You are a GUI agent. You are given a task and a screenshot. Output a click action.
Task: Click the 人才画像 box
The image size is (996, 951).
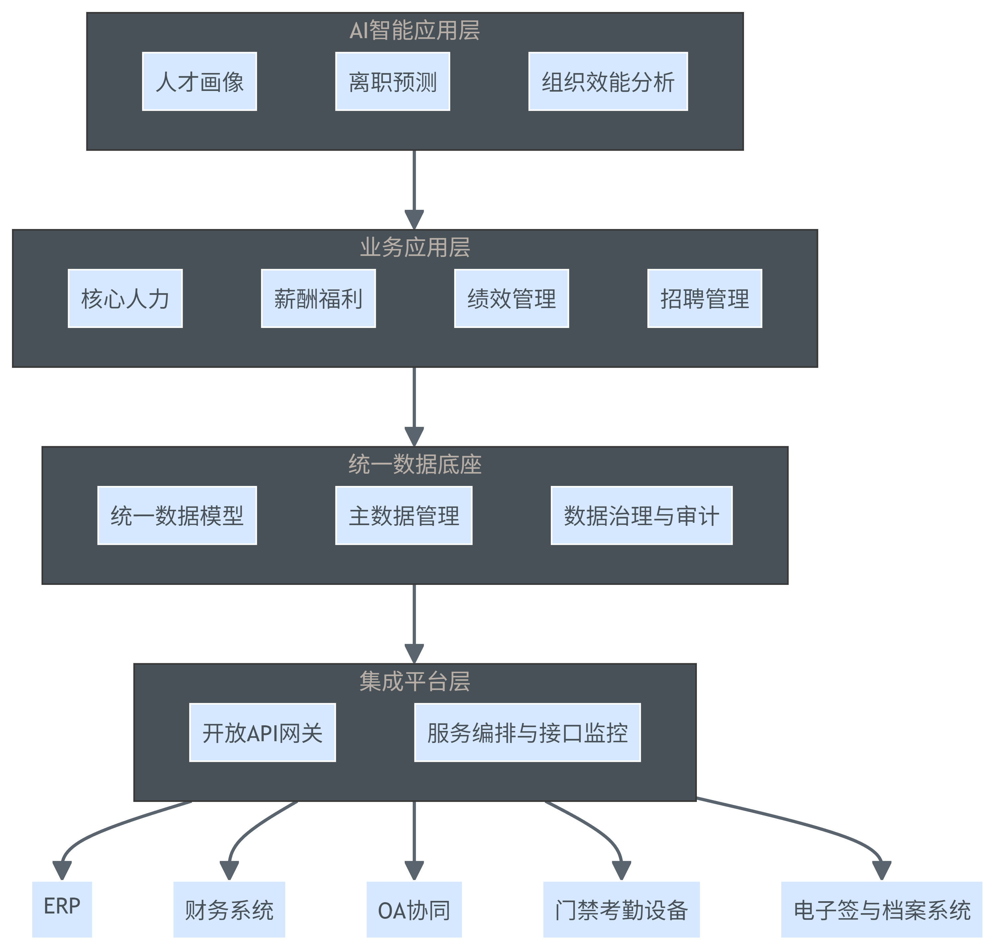(x=199, y=82)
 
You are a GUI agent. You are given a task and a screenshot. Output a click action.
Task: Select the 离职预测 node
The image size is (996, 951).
(x=392, y=82)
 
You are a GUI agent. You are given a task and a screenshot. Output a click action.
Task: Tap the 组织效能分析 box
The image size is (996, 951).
(x=608, y=82)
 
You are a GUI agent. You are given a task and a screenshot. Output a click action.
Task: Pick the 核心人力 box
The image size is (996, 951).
(x=125, y=299)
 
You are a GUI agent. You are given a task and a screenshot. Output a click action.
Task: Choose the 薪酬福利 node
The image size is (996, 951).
(x=318, y=299)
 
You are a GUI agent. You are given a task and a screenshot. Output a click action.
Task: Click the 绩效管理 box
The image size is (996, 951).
(x=511, y=299)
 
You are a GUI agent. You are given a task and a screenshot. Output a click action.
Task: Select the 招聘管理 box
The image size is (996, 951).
(x=705, y=299)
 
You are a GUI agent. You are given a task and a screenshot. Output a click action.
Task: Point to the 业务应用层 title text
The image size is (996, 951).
(x=414, y=247)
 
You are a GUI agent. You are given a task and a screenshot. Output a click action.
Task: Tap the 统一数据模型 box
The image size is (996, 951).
(x=177, y=515)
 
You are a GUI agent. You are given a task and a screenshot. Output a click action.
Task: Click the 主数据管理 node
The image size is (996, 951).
(x=404, y=515)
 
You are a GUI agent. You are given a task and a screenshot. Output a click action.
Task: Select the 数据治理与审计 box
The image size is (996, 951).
(x=641, y=515)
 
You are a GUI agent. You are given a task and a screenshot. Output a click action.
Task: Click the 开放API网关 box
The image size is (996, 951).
(x=262, y=733)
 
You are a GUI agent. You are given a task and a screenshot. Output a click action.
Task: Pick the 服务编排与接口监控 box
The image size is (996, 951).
(x=528, y=733)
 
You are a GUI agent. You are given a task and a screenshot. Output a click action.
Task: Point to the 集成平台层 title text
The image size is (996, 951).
(x=414, y=681)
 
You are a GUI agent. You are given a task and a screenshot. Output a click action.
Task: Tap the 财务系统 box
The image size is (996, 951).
(x=229, y=910)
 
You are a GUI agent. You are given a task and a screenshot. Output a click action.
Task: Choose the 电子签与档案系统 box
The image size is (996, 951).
(x=881, y=910)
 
